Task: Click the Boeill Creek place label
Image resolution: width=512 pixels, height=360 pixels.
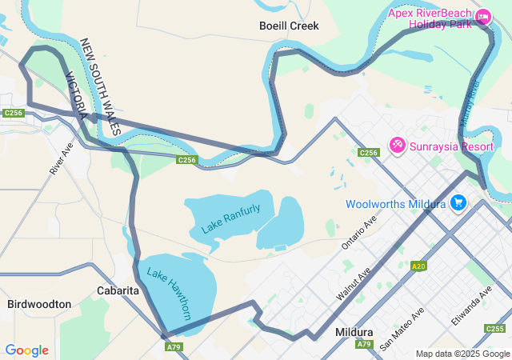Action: tap(289, 26)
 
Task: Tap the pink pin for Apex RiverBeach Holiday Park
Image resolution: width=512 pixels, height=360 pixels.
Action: tap(483, 17)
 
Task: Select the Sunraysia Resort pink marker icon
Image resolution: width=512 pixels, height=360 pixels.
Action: tap(397, 146)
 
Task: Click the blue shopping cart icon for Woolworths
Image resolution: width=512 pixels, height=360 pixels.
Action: tap(458, 203)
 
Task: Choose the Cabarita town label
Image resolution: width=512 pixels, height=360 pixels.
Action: tap(118, 290)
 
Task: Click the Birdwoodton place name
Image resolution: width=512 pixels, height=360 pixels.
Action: tap(39, 304)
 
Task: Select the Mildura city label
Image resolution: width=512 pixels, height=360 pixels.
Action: tap(354, 331)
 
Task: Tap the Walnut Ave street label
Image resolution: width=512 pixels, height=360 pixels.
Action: tap(354, 284)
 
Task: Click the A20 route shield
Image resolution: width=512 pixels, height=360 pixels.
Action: tap(418, 266)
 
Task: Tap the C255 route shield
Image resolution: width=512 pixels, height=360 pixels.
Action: tap(495, 329)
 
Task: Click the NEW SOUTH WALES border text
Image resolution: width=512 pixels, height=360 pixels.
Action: tap(102, 86)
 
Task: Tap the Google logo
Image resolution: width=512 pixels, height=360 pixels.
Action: tap(26, 350)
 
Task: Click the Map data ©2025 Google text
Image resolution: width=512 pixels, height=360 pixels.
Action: tap(462, 354)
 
